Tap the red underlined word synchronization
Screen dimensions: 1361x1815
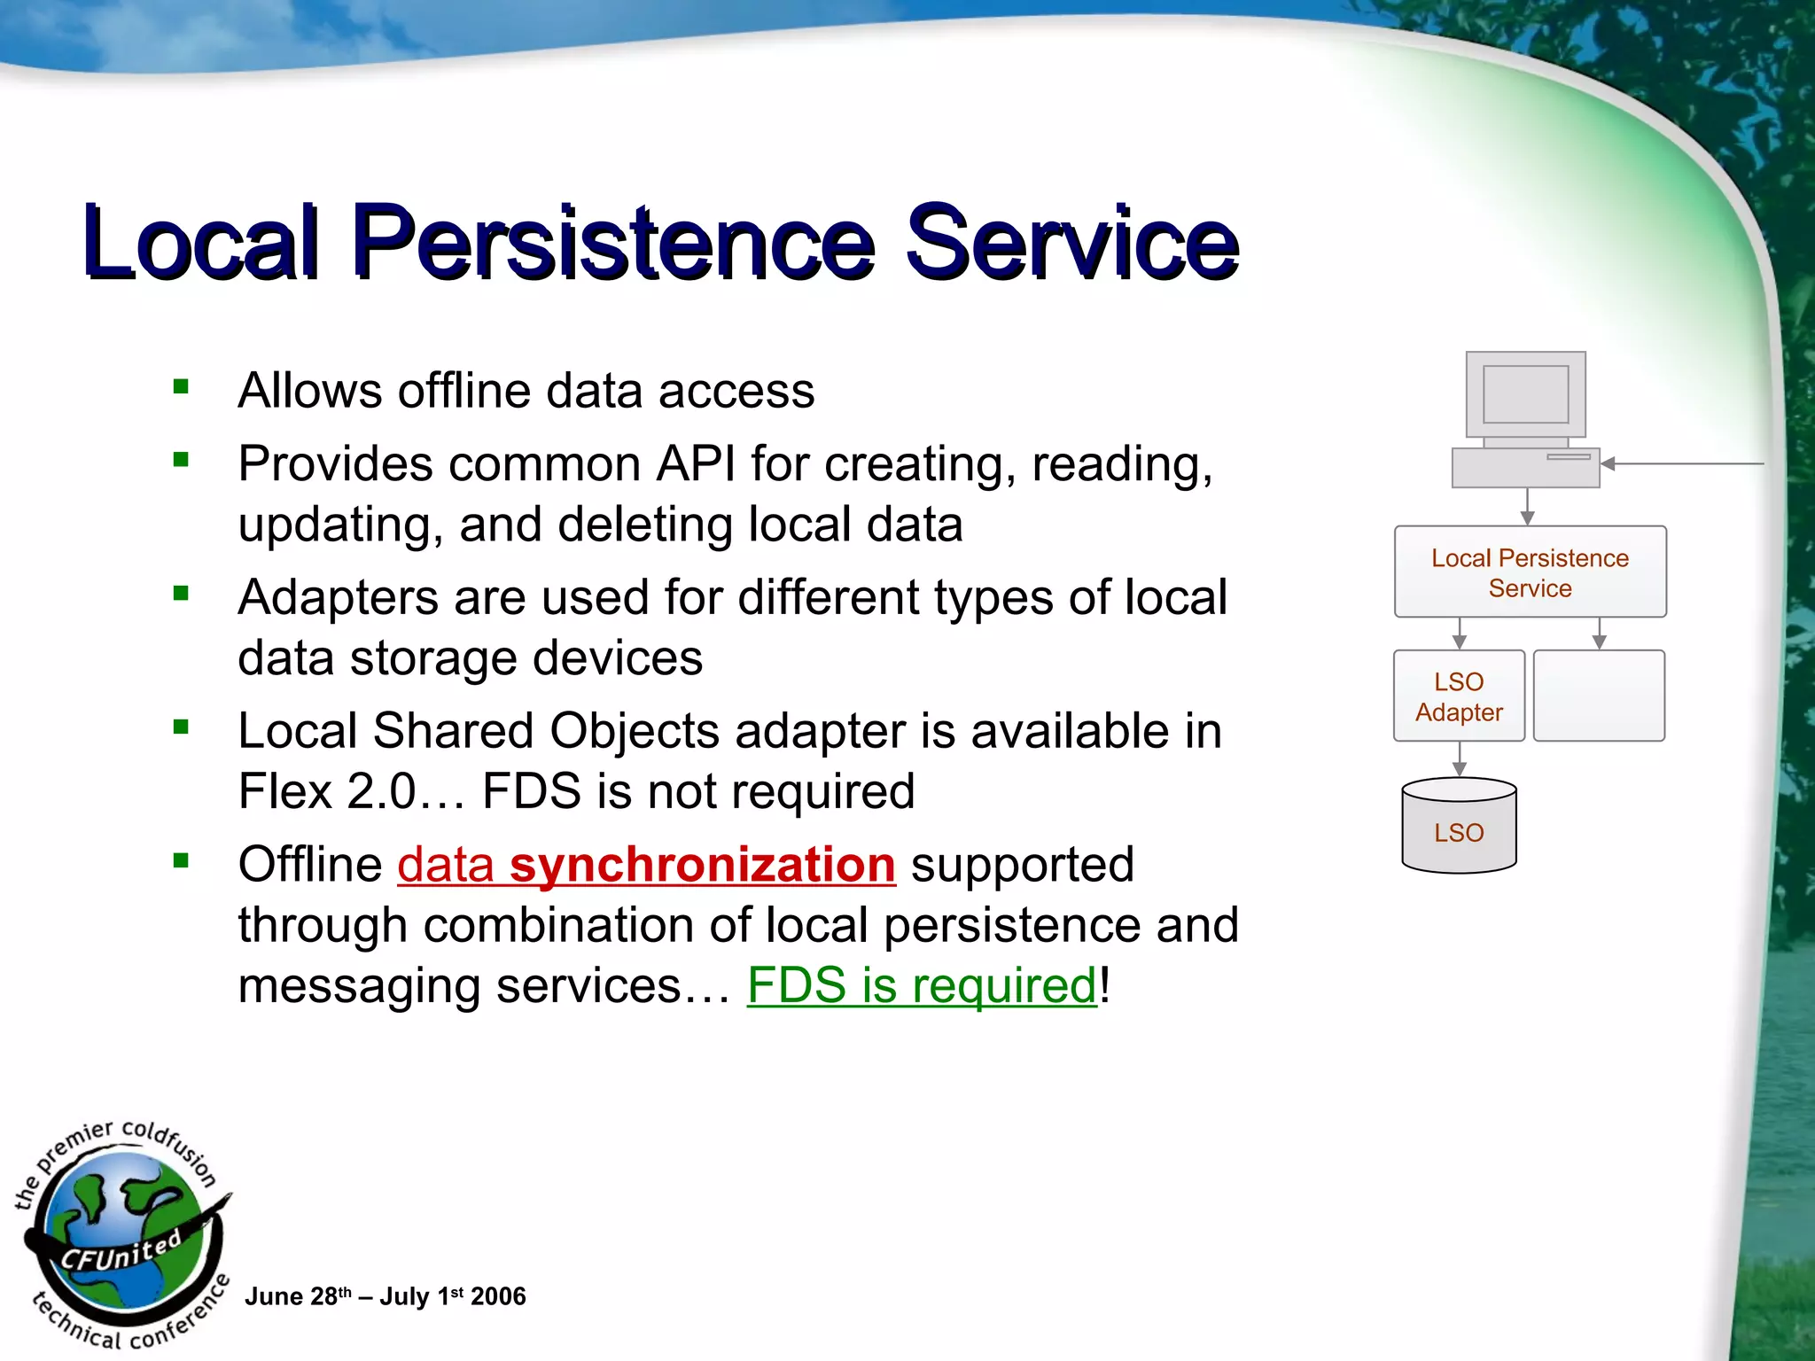point(702,864)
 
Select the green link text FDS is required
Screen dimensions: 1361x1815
point(922,985)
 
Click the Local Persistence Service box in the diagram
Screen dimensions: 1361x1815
point(1530,572)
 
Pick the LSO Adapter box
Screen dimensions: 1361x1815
point(1459,696)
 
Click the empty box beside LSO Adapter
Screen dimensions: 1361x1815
point(1599,696)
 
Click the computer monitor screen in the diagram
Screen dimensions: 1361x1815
point(1525,394)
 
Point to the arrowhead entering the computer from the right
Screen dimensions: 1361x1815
point(1609,463)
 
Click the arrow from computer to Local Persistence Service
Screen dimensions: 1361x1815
point(1527,508)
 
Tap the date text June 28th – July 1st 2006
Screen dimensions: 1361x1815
point(385,1296)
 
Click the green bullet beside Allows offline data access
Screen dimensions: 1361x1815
point(182,386)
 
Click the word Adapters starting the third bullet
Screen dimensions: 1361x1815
point(338,597)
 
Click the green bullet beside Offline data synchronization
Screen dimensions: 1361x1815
point(182,860)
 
